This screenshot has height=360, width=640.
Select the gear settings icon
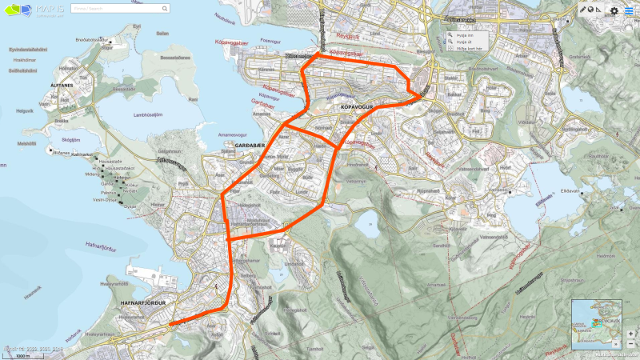pos(614,10)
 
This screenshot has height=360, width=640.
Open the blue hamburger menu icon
pos(629,10)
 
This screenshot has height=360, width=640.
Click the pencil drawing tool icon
pos(583,10)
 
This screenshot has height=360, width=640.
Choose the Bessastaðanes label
pos(178,58)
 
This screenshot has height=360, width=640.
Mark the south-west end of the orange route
pos(170,324)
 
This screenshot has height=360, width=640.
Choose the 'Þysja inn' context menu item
pos(465,35)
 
